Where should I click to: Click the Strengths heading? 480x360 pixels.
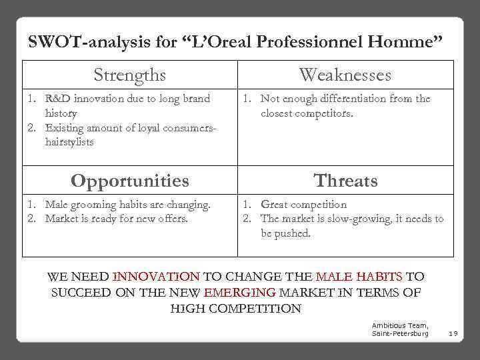pyautogui.click(x=129, y=75)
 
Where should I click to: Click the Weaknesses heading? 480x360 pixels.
pyautogui.click(x=345, y=75)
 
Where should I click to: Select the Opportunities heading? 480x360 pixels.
pyautogui.click(x=129, y=181)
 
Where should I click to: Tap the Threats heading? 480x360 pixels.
pyautogui.click(x=345, y=181)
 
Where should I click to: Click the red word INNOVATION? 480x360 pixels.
pyautogui.click(x=156, y=276)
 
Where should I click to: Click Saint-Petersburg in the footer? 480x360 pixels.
pyautogui.click(x=400, y=333)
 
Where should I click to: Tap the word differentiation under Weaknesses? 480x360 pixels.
pyautogui.click(x=353, y=99)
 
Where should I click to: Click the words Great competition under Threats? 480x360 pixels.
pyautogui.click(x=303, y=205)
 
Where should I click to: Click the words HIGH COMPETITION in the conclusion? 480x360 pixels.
pyautogui.click(x=236, y=309)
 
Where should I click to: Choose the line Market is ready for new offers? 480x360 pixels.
pyautogui.click(x=116, y=219)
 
